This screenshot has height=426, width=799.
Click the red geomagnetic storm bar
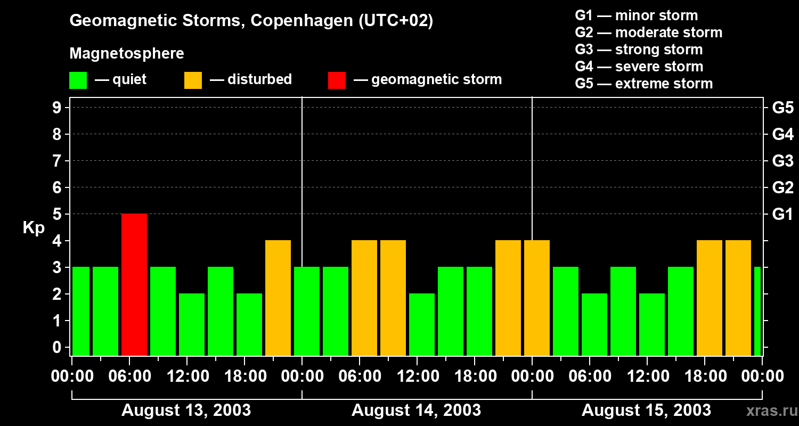134,284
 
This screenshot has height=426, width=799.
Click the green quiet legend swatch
78,80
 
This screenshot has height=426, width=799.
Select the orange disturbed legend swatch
193,80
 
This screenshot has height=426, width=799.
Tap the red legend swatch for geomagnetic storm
337,80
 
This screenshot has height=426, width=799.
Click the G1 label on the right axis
782,214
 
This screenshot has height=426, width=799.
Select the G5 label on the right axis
782,108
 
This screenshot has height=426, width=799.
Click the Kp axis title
34,228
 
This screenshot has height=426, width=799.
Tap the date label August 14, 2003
416,410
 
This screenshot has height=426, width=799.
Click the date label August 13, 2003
186,410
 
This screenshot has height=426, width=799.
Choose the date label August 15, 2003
646,410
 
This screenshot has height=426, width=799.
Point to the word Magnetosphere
127,54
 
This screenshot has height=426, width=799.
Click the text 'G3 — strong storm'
639,50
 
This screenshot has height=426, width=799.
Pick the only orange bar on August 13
278,298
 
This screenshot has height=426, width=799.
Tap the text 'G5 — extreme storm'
643,84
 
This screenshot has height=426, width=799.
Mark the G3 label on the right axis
782,161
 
